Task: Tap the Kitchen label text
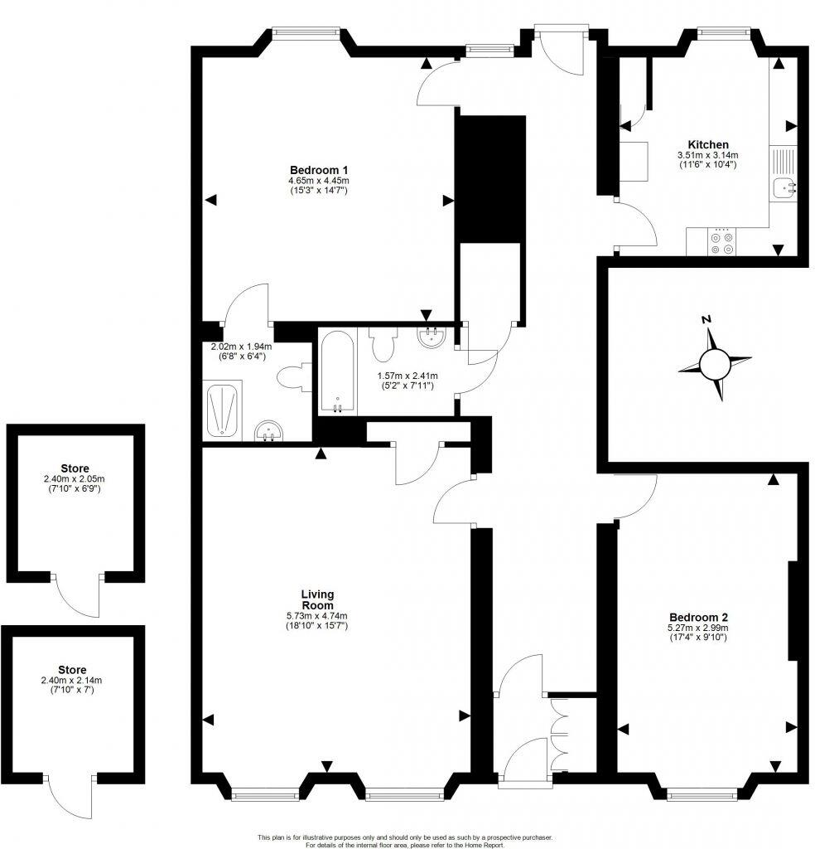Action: (706, 144)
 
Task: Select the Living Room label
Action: (317, 599)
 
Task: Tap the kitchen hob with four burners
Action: (721, 242)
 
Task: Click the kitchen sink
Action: (784, 188)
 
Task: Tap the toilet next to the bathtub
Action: (382, 344)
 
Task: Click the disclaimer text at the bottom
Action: (405, 841)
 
